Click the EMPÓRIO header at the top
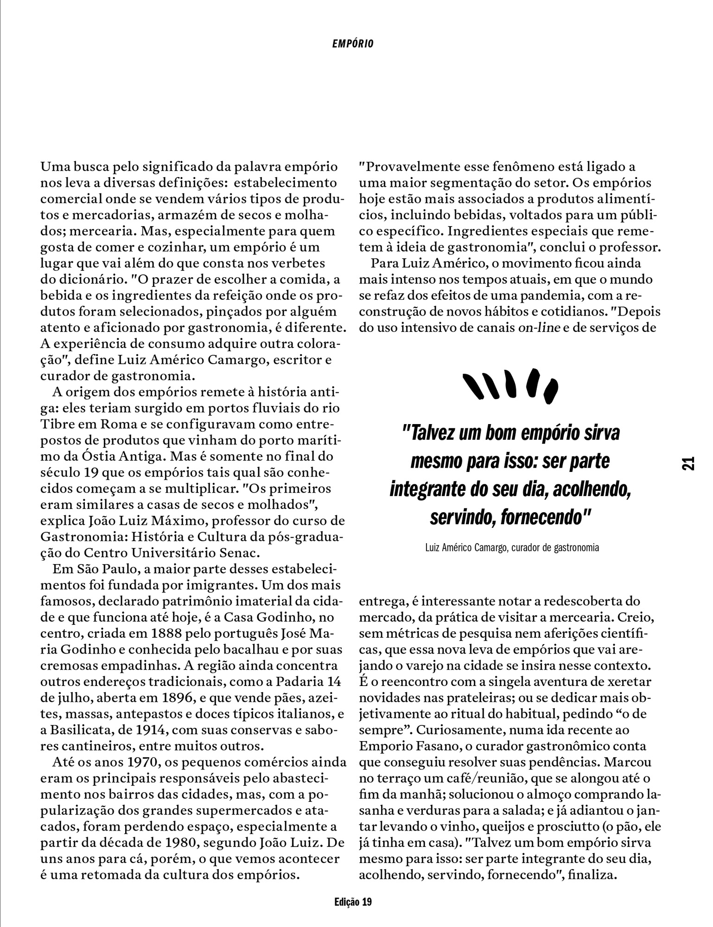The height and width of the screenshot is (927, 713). [353, 44]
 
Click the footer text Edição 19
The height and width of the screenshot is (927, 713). [353, 902]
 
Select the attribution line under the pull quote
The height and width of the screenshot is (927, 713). [512, 547]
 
